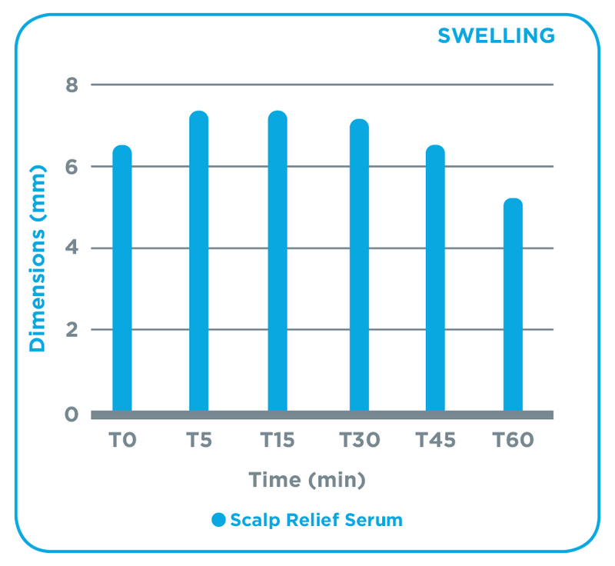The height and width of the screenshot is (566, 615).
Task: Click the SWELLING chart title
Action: (x=496, y=35)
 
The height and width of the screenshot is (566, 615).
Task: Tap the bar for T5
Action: (x=199, y=261)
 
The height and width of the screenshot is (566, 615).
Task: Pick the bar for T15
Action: (x=278, y=261)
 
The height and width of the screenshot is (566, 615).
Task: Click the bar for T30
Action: (x=359, y=266)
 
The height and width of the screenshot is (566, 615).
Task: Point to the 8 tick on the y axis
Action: (x=72, y=85)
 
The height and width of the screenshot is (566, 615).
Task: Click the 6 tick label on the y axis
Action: (x=72, y=167)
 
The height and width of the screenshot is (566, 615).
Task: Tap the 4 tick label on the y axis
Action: (x=72, y=248)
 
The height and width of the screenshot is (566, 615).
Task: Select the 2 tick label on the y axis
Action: (x=72, y=330)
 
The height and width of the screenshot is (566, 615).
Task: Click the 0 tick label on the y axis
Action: (x=72, y=415)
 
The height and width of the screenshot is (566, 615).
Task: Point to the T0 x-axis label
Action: (x=122, y=441)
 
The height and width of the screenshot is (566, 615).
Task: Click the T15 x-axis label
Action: (x=278, y=441)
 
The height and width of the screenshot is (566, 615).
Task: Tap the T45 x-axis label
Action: (x=436, y=441)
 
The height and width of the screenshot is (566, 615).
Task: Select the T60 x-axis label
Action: (x=513, y=441)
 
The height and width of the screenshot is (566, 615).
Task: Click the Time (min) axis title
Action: (x=307, y=481)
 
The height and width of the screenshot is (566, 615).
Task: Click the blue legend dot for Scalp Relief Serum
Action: (x=219, y=521)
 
